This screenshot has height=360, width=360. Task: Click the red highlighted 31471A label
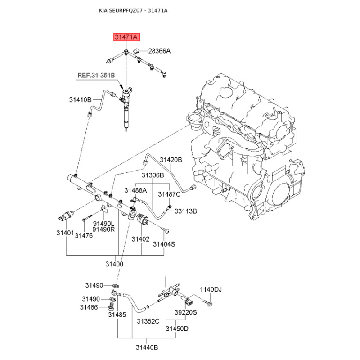[126, 37]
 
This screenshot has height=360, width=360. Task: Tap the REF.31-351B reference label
[96, 76]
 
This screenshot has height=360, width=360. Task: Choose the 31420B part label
[171, 160]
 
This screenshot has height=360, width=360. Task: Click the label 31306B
[153, 175]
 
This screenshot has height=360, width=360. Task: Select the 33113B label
[186, 211]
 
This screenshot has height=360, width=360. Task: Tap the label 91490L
[104, 223]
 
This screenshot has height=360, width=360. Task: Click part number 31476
[84, 235]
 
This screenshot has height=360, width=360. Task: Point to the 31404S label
[164, 244]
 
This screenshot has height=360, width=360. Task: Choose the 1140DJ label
[211, 289]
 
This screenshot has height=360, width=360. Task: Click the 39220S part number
[186, 312]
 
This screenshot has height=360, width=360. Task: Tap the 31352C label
[148, 321]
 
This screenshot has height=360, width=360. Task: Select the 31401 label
[65, 233]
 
